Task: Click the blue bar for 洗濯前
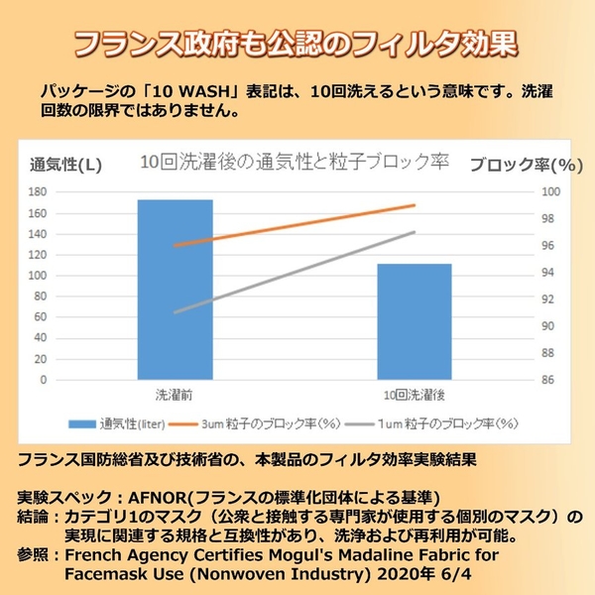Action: coord(175,289)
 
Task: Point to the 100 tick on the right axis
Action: coord(549,192)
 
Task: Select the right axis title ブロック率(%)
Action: coord(526,165)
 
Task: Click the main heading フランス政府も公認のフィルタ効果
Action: coord(297,45)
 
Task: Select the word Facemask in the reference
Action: coord(104,572)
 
